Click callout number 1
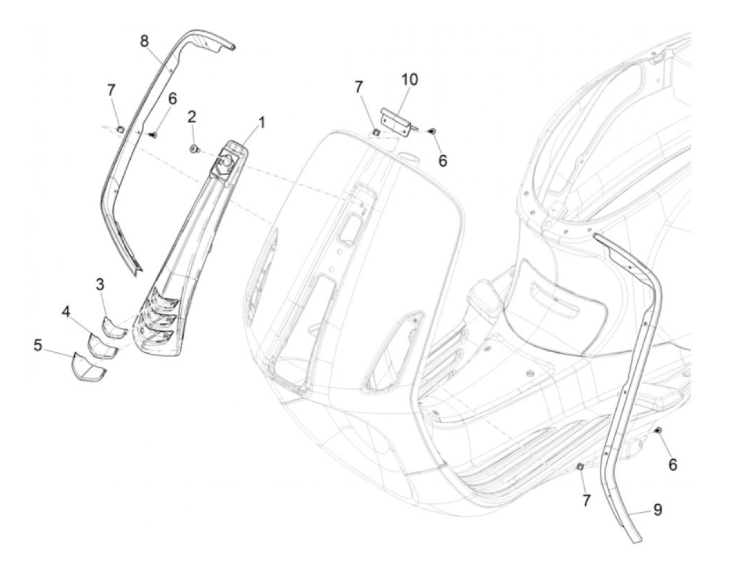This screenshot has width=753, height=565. (x=261, y=123)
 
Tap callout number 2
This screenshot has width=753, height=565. (x=191, y=117)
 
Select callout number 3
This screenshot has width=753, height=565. (x=100, y=285)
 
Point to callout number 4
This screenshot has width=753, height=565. (x=66, y=312)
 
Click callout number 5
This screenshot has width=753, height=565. (x=38, y=345)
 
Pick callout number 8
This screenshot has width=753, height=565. (x=144, y=41)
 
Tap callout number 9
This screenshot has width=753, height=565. (x=658, y=509)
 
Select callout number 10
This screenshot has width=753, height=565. (x=409, y=79)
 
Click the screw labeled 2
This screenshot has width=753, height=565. (x=194, y=149)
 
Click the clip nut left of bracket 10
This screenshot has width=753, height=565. (x=376, y=131)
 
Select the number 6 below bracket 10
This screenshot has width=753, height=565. (x=442, y=161)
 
